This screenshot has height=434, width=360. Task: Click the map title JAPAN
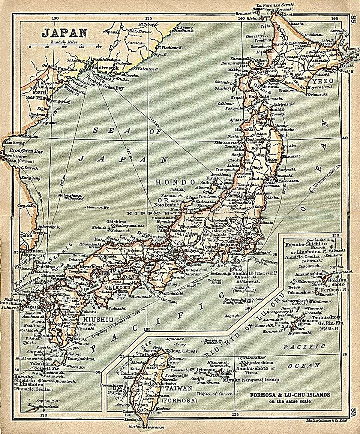[x=64, y=33]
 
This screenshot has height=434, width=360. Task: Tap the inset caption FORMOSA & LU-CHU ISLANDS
[x=291, y=395]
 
